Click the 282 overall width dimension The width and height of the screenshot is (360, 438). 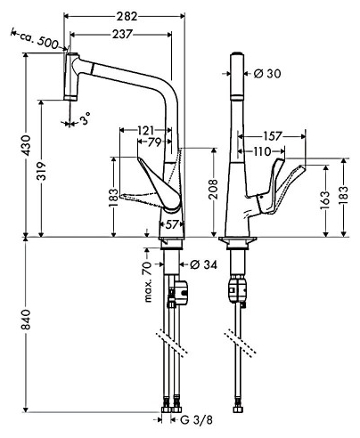tap(127, 16)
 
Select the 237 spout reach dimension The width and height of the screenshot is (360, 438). tap(122, 35)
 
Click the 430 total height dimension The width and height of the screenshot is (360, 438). tap(27, 145)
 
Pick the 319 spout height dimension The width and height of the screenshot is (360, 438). tap(41, 171)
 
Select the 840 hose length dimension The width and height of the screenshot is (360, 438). tap(26, 320)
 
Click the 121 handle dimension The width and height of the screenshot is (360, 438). tap(146, 130)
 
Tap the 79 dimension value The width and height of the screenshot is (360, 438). tap(154, 142)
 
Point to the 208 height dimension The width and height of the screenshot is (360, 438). tap(213, 189)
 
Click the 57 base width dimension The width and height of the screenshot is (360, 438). tap(171, 224)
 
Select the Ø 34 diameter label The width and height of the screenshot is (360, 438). tap(203, 264)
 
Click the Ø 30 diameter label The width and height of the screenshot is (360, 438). tap(267, 73)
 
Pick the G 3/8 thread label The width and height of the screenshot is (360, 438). tap(196, 420)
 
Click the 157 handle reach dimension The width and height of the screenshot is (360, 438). tap(272, 136)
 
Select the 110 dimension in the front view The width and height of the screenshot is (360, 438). tap(262, 151)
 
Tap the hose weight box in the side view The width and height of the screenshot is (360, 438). tap(180, 292)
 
